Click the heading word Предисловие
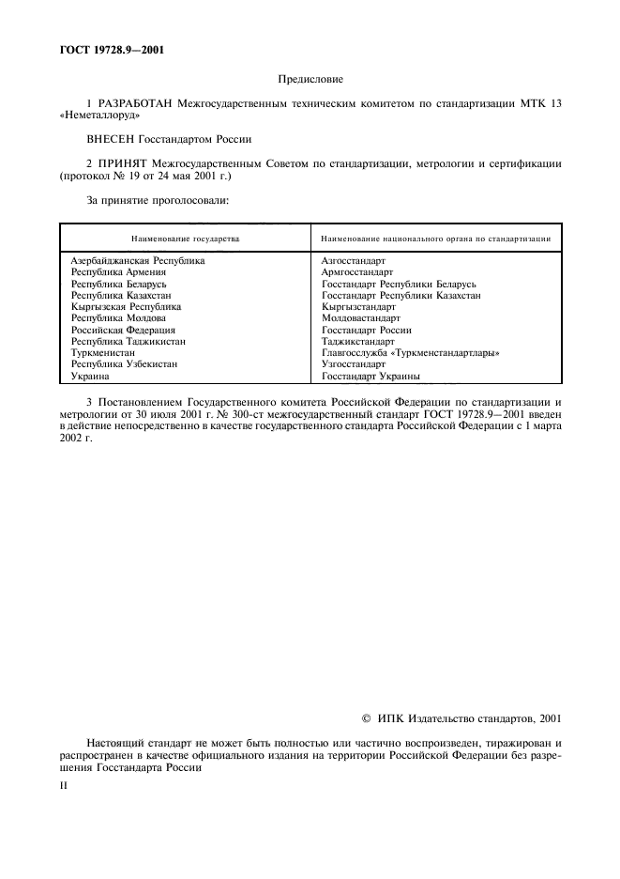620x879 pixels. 310,81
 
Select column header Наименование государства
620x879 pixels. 185,239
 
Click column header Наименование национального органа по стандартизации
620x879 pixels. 435,239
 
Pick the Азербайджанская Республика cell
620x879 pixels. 138,260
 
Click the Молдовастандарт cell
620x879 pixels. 360,318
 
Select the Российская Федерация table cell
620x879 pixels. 123,330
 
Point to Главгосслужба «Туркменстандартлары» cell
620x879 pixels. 410,353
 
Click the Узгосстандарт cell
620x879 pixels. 354,364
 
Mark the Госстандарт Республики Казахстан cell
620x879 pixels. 401,295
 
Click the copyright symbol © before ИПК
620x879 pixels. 366,719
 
